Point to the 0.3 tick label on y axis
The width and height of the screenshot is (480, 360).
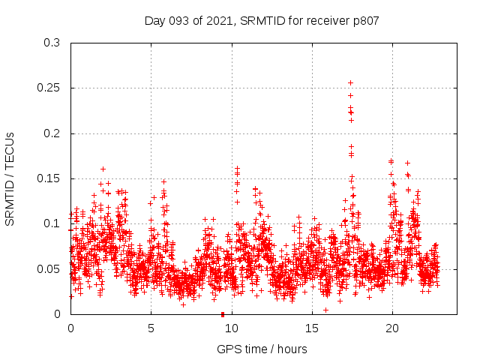52,43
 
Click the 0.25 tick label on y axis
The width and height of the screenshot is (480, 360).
49,88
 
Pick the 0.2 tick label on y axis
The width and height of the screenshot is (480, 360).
52,133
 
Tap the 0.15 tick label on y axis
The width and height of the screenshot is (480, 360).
49,178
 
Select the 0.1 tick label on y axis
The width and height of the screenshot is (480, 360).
52,223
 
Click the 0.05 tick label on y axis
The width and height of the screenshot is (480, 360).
49,268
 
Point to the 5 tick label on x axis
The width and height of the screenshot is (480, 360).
151,328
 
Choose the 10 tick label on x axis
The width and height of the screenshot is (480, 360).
231,328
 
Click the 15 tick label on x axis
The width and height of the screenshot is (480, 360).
311,328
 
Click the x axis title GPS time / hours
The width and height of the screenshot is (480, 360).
262,349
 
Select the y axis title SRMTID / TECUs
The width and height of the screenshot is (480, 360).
10,178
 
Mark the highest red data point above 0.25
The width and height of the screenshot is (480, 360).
350,82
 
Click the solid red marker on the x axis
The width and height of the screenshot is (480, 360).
223,314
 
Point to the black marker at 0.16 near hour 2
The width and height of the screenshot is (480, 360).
103,169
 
